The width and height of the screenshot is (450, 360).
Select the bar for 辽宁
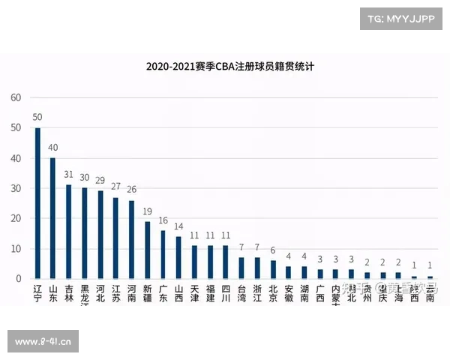pyautogui.click(x=37, y=202)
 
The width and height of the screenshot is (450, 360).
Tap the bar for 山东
pyautogui.click(x=52, y=217)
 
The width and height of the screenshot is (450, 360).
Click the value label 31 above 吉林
pyautogui.click(x=68, y=175)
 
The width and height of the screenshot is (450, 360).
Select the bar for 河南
pyautogui.click(x=131, y=239)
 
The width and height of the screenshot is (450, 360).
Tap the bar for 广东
pyautogui.click(x=163, y=254)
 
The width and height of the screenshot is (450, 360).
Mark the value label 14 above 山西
pyautogui.click(x=178, y=227)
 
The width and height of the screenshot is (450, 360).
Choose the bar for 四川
pyautogui.click(x=226, y=262)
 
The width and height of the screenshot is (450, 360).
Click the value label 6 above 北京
pyautogui.click(x=273, y=251)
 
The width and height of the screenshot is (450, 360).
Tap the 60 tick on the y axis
pyautogui.click(x=15, y=97)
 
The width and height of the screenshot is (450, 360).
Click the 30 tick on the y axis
pyautogui.click(x=15, y=188)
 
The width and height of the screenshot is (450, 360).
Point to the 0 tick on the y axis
pyautogui.click(x=18, y=279)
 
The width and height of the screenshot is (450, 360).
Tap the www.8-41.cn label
pyautogui.click(x=43, y=343)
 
